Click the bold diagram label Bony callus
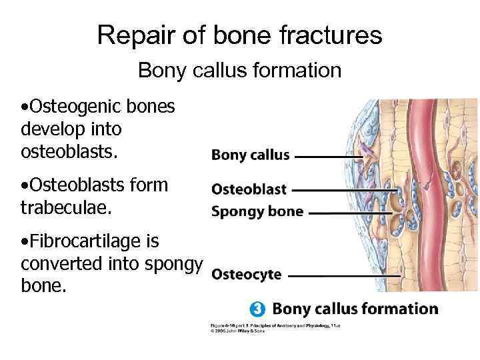tap(251, 155)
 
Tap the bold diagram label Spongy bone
tap(257, 212)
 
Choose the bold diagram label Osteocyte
tap(246, 274)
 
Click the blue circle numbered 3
tap(258, 309)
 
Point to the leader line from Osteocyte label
tap(340, 275)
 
